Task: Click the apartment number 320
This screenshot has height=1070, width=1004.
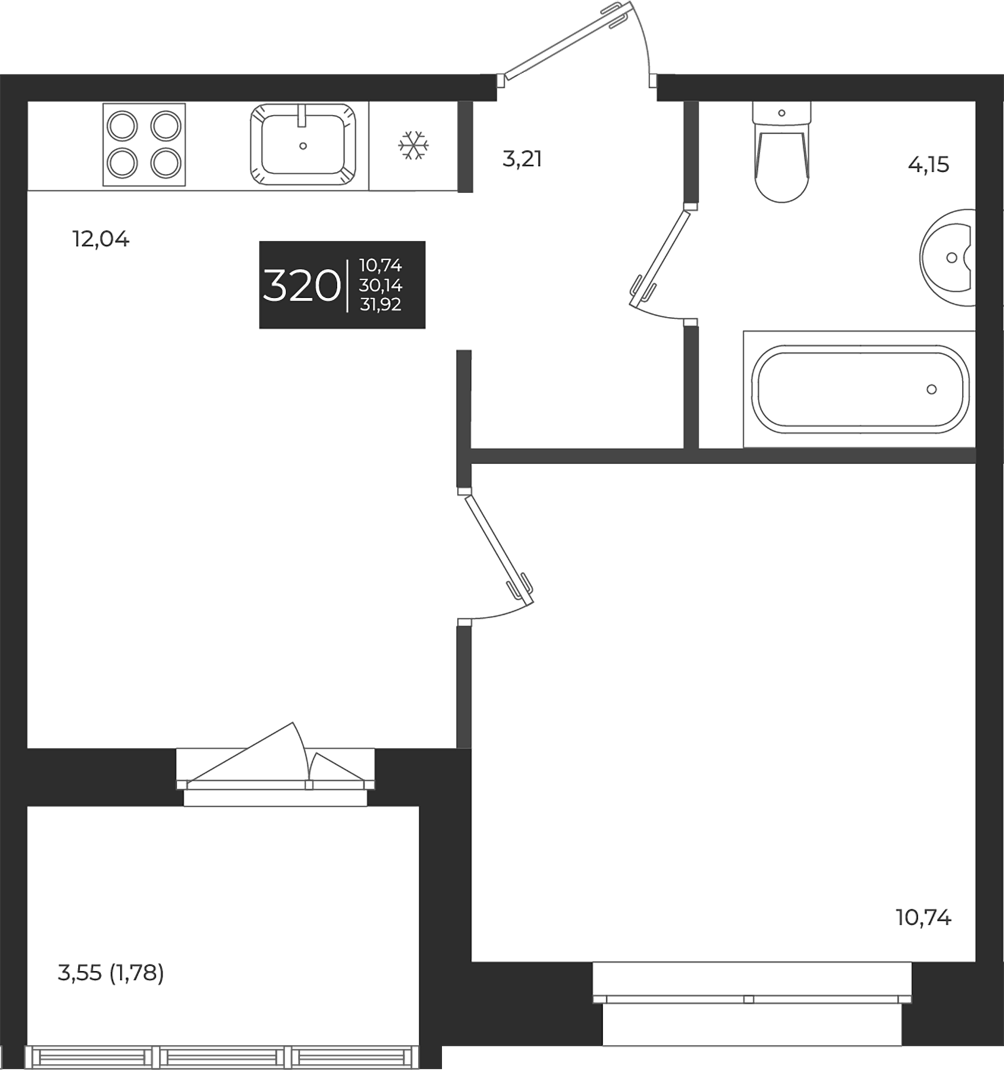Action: pyautogui.click(x=301, y=286)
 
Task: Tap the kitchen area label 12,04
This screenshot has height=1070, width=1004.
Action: pyautogui.click(x=100, y=240)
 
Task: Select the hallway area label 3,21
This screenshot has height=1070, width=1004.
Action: pyautogui.click(x=522, y=159)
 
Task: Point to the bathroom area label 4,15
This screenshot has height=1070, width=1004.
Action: pyautogui.click(x=928, y=165)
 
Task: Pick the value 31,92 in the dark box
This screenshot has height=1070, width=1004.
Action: pyautogui.click(x=380, y=305)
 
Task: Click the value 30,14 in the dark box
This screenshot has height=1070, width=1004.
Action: pyautogui.click(x=380, y=286)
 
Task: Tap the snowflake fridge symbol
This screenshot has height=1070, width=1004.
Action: pyautogui.click(x=413, y=146)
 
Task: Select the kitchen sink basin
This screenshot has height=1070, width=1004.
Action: pyautogui.click(x=303, y=146)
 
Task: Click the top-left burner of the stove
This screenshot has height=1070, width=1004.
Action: pyautogui.click(x=122, y=126)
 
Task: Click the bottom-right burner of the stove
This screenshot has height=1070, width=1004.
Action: pyautogui.click(x=166, y=162)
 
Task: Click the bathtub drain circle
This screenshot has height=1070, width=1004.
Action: pyautogui.click(x=931, y=389)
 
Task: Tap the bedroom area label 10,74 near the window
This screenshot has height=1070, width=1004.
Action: pyautogui.click(x=923, y=918)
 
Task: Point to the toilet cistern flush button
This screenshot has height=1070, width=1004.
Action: pyautogui.click(x=782, y=113)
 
